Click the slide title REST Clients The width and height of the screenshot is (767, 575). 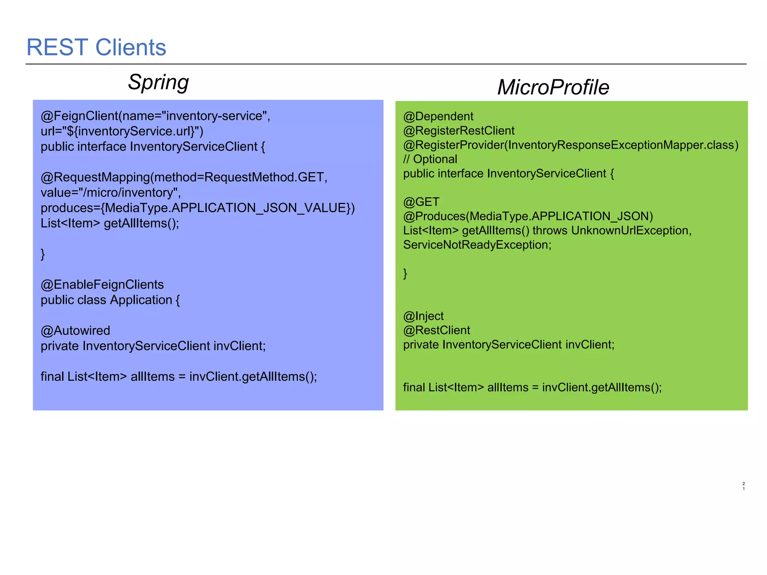[x=96, y=48]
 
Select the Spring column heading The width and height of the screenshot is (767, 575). [x=158, y=82]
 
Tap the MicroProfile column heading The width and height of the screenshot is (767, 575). [x=553, y=87]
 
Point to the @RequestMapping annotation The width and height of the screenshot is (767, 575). [x=95, y=177]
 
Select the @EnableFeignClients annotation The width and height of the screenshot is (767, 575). [x=102, y=285]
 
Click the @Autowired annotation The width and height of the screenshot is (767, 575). [x=75, y=331]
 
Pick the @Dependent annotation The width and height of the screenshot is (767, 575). [x=438, y=116]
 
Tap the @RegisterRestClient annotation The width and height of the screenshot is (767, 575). [x=459, y=131]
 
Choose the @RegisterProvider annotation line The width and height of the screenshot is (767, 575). [x=571, y=145]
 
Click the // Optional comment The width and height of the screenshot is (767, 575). [x=430, y=159]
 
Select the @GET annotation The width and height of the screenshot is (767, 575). [x=421, y=202]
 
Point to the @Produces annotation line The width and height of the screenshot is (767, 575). [x=528, y=216]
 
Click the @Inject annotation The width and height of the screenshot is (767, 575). [x=423, y=316]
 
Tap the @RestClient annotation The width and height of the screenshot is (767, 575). [x=436, y=330]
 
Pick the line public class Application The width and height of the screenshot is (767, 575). [x=110, y=300]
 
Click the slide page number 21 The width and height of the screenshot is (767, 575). [x=743, y=486]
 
